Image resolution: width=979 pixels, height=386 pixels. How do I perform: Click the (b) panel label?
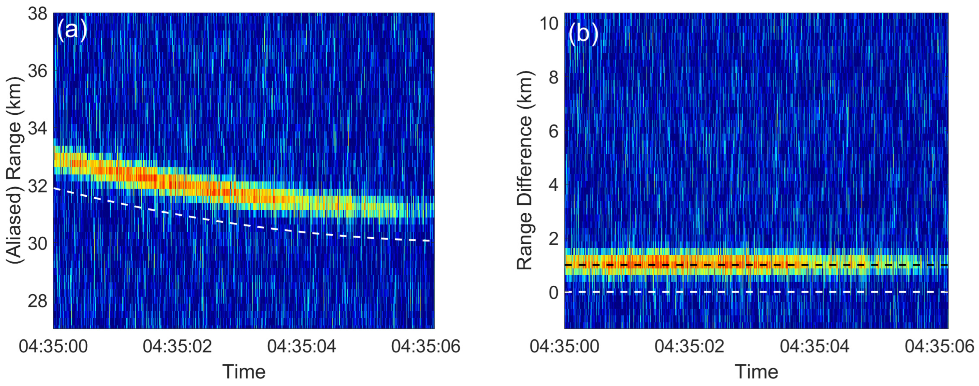[x=583, y=33]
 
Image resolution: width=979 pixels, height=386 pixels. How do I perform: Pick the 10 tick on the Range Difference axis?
[x=549, y=24]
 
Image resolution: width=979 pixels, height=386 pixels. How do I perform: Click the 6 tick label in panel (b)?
[x=554, y=131]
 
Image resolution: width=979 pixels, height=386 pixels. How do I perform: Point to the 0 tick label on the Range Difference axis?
[x=554, y=292]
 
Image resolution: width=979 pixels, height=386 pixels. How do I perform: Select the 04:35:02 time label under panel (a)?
[x=177, y=346]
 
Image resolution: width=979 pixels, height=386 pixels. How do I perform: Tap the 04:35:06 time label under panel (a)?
[x=426, y=346]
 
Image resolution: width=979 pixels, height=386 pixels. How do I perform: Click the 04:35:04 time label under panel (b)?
[x=814, y=346]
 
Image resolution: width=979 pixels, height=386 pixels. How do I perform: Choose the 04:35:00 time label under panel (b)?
[x=564, y=346]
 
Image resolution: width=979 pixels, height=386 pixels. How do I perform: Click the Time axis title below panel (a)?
[x=244, y=371]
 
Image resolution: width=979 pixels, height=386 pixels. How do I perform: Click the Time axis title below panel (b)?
[x=756, y=371]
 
